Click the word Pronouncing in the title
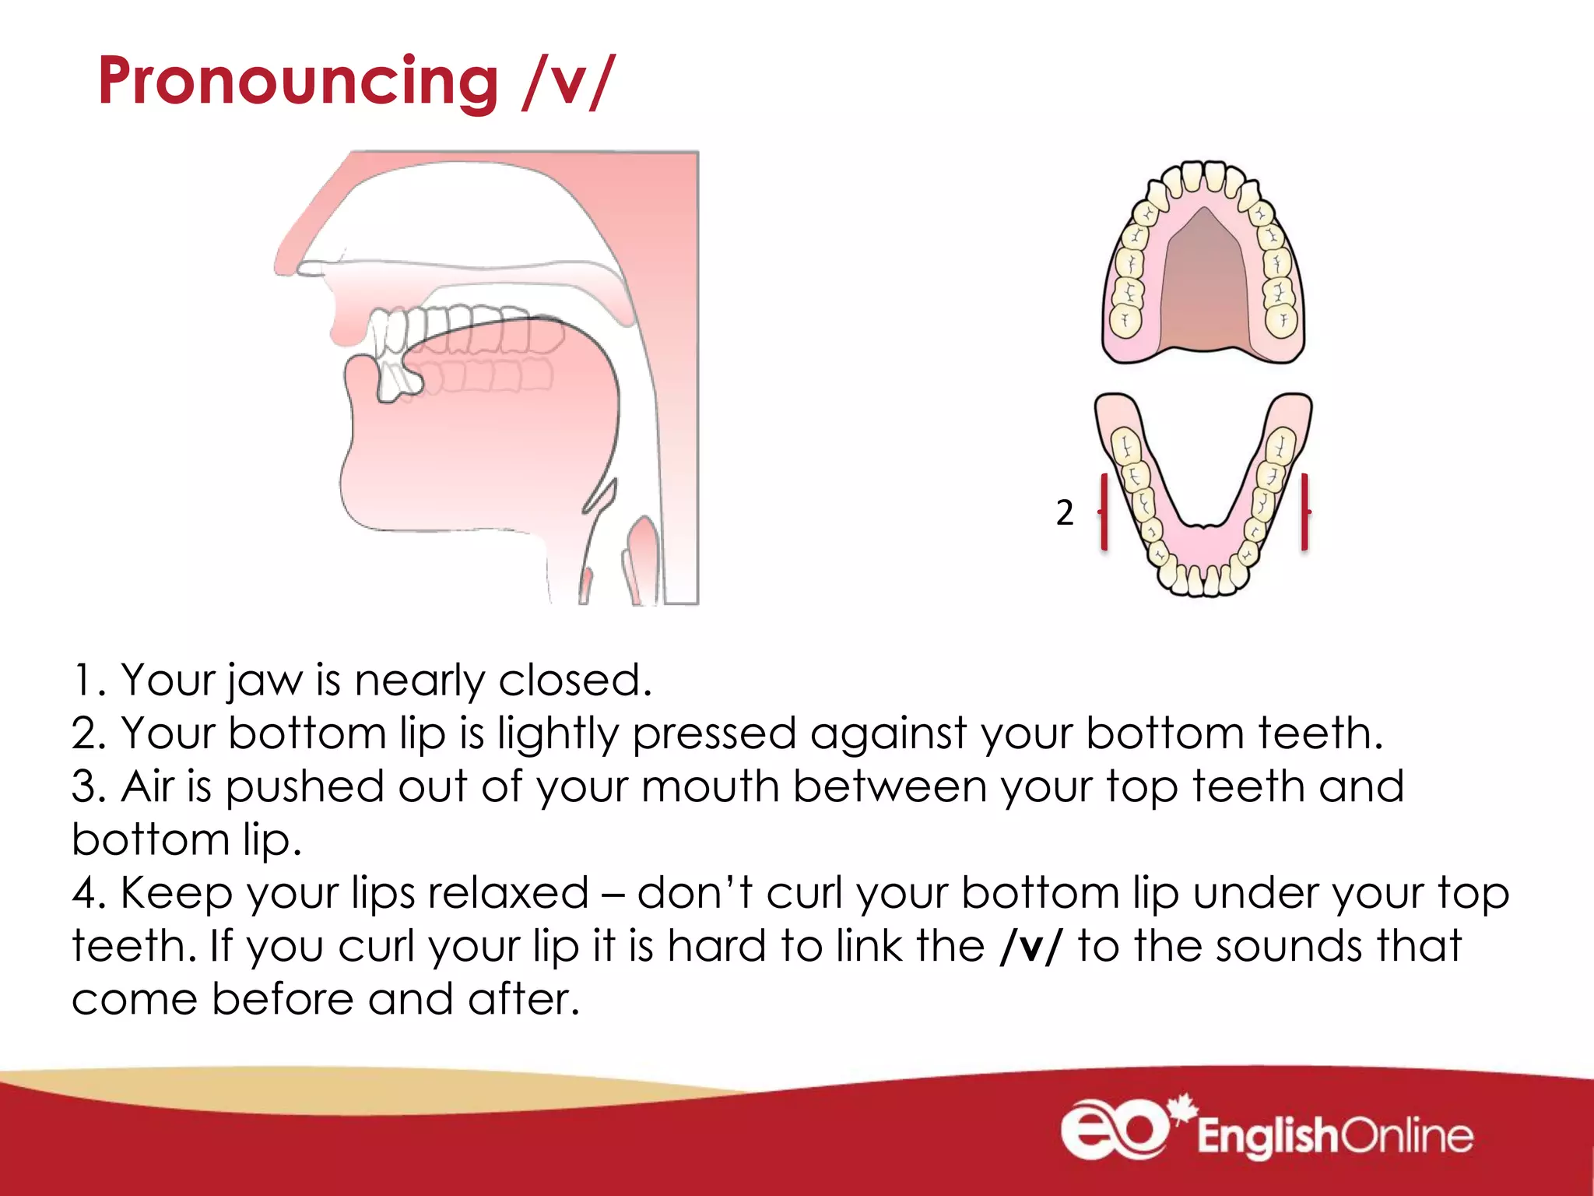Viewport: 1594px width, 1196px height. pos(298,82)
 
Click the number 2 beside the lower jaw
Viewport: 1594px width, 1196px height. pos(1064,512)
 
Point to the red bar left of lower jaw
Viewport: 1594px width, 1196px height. pos(1104,512)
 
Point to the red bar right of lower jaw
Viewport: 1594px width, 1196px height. pos(1304,512)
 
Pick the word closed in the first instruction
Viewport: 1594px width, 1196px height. pos(574,681)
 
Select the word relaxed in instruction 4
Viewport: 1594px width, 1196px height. pos(508,893)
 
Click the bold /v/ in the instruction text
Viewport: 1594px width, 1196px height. pos(1030,947)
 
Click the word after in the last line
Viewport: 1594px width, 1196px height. pos(523,1000)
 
